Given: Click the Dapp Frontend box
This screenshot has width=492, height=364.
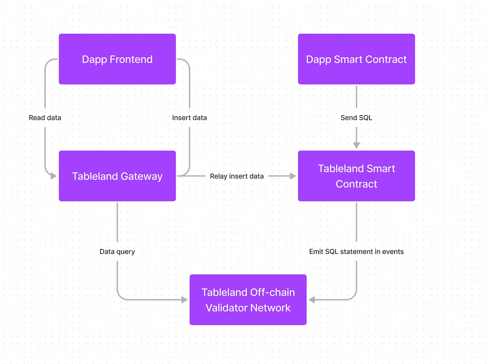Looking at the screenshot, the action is (117, 59).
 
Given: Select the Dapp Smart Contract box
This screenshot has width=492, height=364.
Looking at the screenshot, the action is (356, 59).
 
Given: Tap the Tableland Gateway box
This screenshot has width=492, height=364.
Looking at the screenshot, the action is (117, 176).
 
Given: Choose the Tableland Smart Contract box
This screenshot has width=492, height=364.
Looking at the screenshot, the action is (356, 176).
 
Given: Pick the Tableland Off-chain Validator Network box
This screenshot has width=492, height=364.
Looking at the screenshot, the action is (248, 300).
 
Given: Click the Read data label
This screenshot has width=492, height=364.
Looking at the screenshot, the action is (45, 118).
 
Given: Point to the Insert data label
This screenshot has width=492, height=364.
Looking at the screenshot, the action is (190, 118).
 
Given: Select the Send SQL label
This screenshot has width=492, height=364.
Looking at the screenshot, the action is (356, 118).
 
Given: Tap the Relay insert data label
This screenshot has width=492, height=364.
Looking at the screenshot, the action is (237, 176).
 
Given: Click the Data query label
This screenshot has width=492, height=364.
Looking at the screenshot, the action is (117, 252).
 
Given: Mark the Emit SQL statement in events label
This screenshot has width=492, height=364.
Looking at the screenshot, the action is (356, 252).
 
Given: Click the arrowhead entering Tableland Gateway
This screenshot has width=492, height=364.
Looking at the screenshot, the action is (54, 176).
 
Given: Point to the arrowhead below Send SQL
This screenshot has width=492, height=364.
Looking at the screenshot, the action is (356, 146).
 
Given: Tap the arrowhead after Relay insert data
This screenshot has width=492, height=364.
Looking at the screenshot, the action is (293, 176).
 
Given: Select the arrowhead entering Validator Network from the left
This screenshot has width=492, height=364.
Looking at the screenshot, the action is (184, 300).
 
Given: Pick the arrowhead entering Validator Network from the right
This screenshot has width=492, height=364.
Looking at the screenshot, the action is (312, 300).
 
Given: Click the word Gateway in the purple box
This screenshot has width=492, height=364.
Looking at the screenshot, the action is (142, 177).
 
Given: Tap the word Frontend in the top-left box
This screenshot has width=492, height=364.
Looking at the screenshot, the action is (131, 59).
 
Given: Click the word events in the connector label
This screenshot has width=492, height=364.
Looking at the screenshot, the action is (393, 252).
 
